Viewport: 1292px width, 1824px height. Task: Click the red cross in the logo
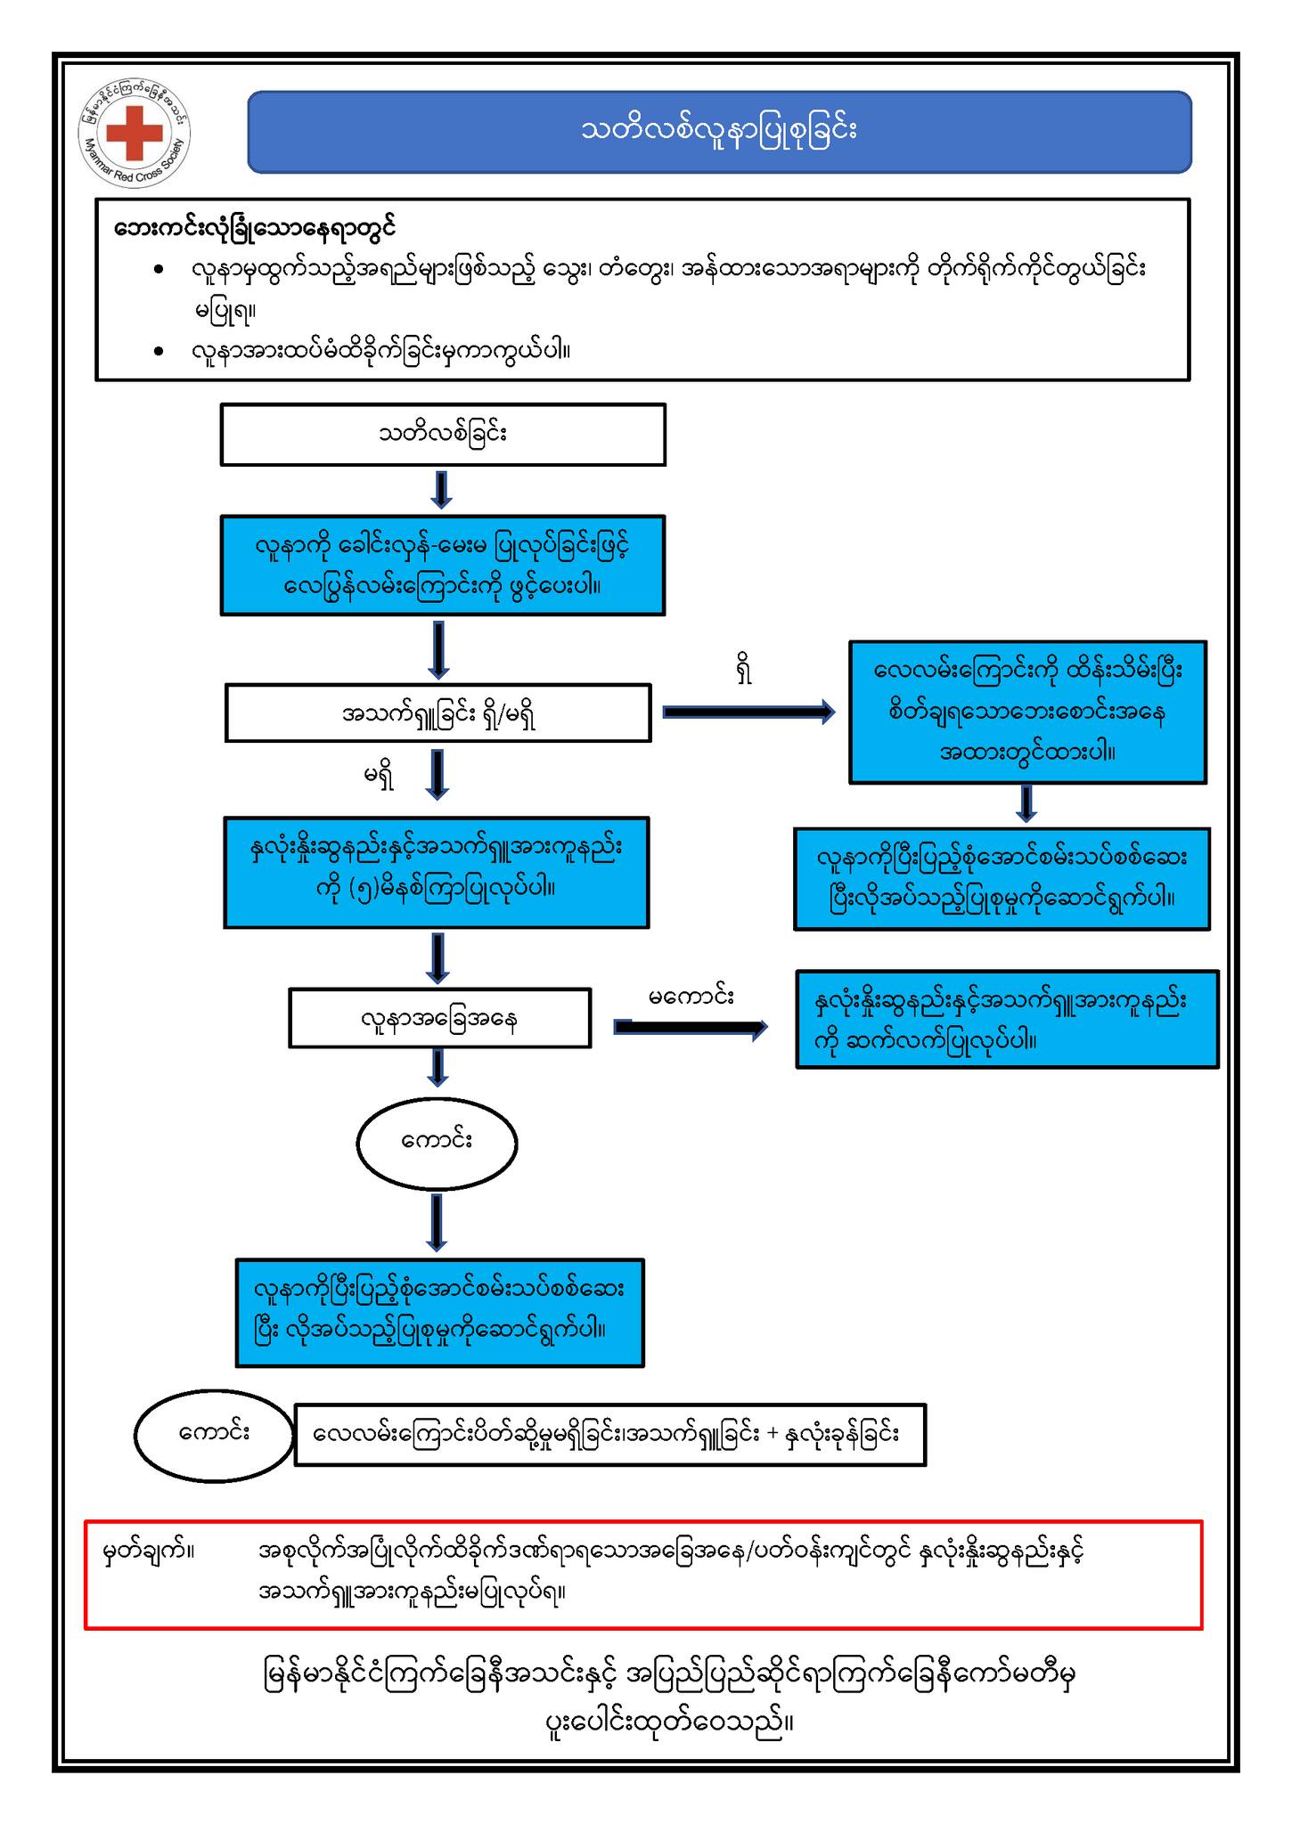coord(134,133)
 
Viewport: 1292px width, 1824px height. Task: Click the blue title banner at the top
coord(719,132)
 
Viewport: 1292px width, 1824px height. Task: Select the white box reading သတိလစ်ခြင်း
coord(443,435)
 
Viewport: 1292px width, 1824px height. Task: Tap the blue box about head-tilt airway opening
coord(443,565)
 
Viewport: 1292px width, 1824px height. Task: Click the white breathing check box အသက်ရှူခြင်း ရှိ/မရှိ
coord(437,712)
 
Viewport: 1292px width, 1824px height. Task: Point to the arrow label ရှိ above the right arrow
coord(745,671)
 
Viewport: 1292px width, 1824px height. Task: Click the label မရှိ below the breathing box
coord(378,776)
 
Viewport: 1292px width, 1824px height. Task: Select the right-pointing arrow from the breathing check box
coord(748,712)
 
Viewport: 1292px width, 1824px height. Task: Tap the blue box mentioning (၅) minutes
coord(436,872)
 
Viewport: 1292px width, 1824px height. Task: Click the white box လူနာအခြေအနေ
coord(439,1017)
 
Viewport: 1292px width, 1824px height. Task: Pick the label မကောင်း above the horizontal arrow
coord(691,997)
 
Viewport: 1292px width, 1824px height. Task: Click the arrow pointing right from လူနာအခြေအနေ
coord(691,1028)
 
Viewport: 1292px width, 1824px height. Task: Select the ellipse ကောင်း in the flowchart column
coord(437,1144)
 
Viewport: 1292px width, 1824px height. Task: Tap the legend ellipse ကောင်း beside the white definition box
coord(214,1433)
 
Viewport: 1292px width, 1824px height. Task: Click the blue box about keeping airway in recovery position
coord(1027,712)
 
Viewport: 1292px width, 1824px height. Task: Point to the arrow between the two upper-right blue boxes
coord(1026,805)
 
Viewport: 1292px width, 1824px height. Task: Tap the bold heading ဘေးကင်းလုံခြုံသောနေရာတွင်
coord(255,229)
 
